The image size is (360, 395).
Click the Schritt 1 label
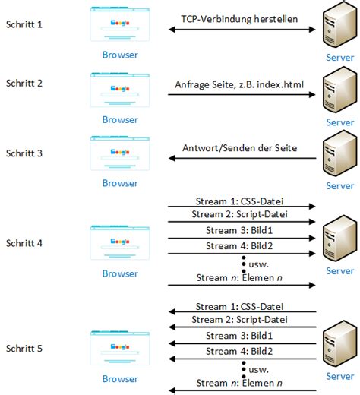point(24,24)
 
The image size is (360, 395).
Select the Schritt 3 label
point(24,153)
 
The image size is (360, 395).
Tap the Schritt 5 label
point(24,349)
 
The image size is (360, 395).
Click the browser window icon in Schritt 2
point(120,90)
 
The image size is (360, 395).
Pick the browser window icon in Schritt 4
point(120,242)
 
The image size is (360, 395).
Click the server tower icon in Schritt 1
point(339,24)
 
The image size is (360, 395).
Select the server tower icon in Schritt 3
point(339,153)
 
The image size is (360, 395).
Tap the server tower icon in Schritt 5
point(339,344)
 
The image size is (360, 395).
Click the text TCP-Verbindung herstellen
point(239,19)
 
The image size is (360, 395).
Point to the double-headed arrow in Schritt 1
point(242,30)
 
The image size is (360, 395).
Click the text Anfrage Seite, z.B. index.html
point(239,84)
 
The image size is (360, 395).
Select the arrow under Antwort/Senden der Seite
point(242,158)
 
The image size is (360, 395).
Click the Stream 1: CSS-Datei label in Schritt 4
point(239,201)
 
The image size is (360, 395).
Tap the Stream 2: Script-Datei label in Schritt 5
point(239,320)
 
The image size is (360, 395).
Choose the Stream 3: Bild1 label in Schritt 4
point(239,230)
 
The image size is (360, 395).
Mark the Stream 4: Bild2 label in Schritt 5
point(239,351)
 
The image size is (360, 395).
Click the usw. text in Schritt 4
point(258,264)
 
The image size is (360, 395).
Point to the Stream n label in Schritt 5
point(239,383)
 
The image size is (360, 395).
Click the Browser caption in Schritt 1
point(120,55)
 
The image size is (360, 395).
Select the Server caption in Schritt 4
point(339,271)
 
